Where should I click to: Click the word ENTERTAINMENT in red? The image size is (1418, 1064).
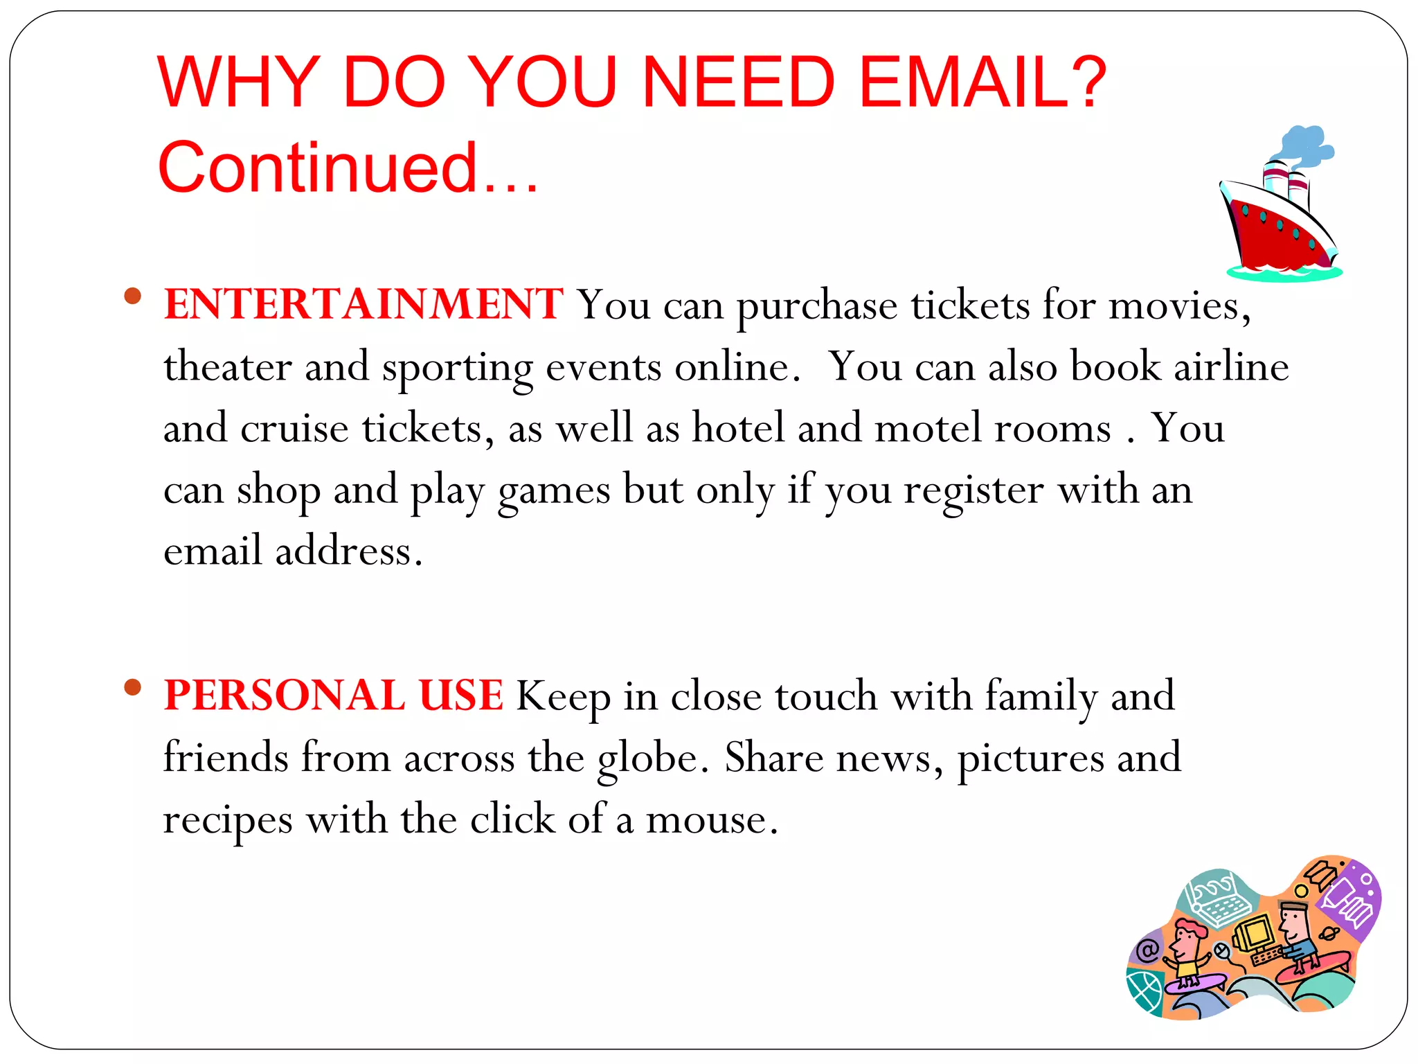coord(364,305)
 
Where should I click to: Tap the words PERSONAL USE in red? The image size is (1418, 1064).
coord(333,695)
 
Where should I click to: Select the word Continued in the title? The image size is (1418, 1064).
coord(318,168)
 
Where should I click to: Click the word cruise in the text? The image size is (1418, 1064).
coord(294,427)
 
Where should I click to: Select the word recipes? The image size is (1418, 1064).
coord(228,820)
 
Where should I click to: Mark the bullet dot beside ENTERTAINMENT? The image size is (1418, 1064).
coord(132,296)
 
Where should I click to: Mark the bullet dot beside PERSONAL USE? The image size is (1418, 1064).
coord(132,687)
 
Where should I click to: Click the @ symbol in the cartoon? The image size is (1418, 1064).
coord(1147,950)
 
